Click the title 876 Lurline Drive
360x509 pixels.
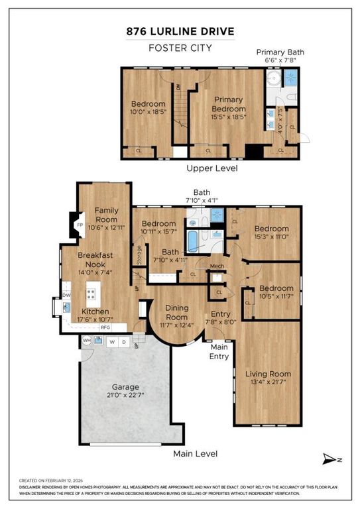coord(180,32)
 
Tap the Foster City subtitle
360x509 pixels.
coord(180,48)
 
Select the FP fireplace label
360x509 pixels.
coord(80,225)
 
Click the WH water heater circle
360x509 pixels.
coord(86,341)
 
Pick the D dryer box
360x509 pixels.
coord(123,342)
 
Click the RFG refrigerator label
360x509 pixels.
coord(105,327)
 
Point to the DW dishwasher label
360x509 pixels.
coord(66,295)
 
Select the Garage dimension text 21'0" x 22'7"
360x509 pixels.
coord(125,396)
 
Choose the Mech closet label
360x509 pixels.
coord(217,266)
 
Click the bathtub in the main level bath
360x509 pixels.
coord(192,242)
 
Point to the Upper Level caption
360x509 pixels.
coord(211,168)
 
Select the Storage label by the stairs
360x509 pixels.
coord(139,255)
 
